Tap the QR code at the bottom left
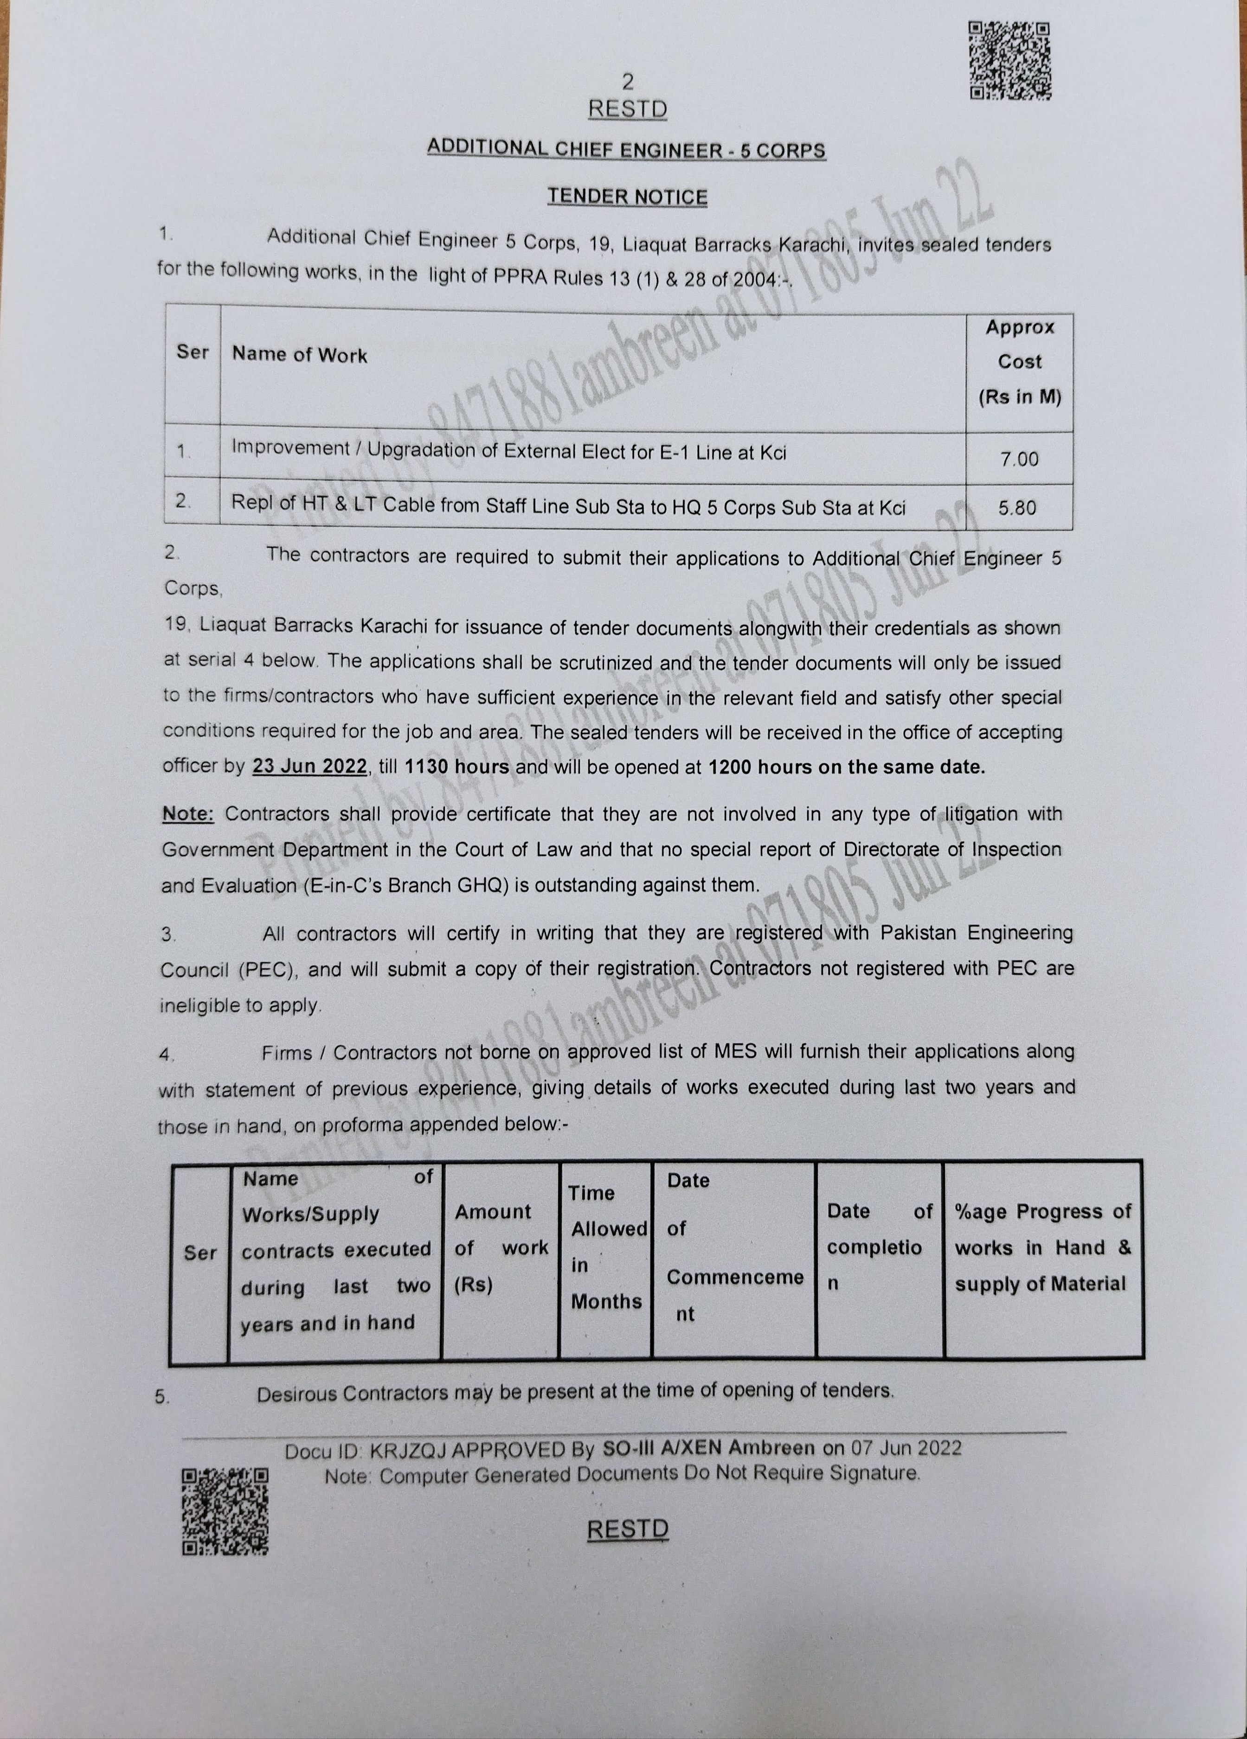tap(225, 1511)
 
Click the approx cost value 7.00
tap(1019, 459)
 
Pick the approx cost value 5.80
tap(1018, 508)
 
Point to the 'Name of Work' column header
tap(300, 354)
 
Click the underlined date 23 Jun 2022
tap(310, 766)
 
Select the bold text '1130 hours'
tap(456, 767)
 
